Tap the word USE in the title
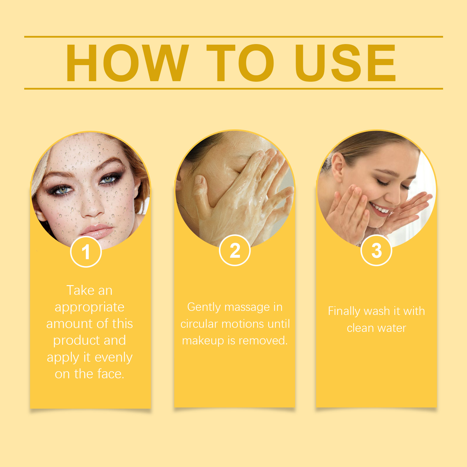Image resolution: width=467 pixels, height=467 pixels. [x=345, y=63]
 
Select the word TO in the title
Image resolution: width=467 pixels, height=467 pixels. [x=240, y=63]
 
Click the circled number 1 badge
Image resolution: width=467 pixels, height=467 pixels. [x=86, y=252]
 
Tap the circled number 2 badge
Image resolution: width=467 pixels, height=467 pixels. [x=235, y=250]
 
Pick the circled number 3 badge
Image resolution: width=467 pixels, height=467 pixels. [x=376, y=250]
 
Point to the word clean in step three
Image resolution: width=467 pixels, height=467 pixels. [x=360, y=328]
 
